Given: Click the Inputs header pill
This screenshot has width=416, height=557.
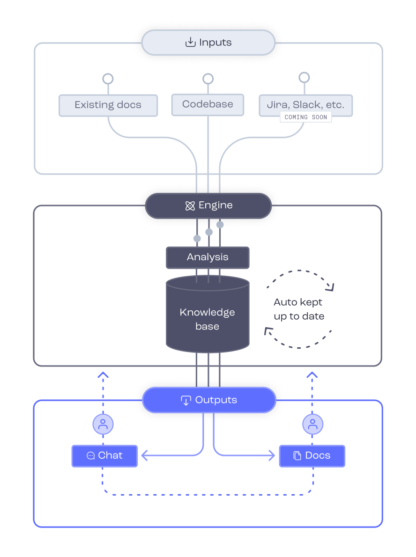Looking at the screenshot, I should coord(208,43).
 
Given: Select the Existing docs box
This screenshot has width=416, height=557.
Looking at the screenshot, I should coord(108,105).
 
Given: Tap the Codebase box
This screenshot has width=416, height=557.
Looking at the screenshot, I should coord(208,104).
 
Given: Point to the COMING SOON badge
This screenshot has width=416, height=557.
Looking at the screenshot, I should coord(305,117).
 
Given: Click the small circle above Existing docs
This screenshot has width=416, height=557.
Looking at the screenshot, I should coord(108,79).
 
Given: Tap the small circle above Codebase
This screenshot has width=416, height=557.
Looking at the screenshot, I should coord(208,79).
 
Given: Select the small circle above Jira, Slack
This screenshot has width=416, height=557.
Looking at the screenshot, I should coord(304,77).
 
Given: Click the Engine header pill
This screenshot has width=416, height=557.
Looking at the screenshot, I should coord(208,205).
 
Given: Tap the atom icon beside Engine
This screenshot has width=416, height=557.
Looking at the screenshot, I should coord(190,206).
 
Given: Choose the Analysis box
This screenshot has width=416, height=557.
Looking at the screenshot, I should coord(208,257).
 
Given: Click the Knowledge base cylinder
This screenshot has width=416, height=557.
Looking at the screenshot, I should coord(208,318).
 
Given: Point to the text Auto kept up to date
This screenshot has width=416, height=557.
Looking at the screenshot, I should coord(299,309).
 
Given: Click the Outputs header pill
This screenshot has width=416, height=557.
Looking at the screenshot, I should coord(208,400).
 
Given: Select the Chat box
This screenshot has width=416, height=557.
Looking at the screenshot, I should coord(104,455).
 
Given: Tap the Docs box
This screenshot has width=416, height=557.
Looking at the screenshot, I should coord(312,455).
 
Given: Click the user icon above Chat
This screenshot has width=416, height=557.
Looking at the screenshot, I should coord(103,425).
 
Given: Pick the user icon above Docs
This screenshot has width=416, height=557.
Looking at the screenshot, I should coord(312,425).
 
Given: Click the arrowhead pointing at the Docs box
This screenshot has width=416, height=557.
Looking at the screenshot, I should coord(271,455).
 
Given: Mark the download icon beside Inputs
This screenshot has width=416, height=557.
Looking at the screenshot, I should coord(190,43).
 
